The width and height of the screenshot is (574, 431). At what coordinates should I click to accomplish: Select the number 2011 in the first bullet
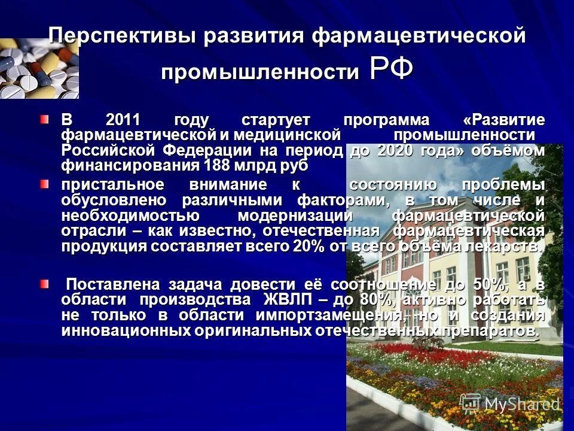(123, 119)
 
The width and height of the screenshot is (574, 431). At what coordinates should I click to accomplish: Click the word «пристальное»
(114, 184)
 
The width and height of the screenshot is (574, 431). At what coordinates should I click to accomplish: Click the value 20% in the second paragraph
(307, 246)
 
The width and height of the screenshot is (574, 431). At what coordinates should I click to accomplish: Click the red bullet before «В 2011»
(45, 119)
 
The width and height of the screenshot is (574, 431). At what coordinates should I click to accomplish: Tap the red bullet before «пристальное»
(45, 184)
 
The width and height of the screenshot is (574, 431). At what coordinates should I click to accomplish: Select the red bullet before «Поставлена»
(45, 283)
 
